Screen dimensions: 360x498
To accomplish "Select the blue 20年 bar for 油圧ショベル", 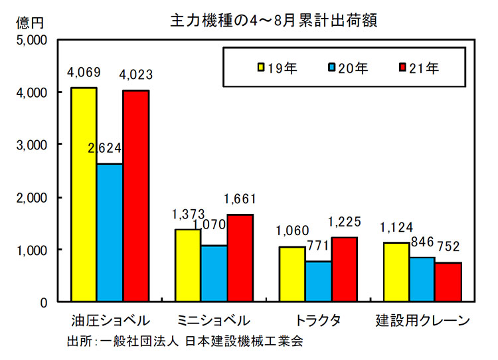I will pos(110,232).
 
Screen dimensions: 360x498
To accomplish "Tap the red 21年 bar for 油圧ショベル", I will pos(135,195).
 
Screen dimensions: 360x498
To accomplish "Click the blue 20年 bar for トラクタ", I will pos(318,281).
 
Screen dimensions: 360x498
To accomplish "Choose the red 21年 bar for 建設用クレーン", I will pos(449,282).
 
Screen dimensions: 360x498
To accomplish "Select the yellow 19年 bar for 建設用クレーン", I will pos(396,272).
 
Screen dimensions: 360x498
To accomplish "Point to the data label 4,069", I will pos(83,72).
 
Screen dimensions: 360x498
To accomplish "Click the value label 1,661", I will pos(240,199).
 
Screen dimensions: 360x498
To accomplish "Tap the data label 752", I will pos(448,247).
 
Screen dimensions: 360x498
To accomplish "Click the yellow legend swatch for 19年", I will pos(262,67).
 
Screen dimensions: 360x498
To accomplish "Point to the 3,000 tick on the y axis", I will pos(31,144).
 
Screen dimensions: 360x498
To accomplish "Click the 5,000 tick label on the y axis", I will pos(31,40).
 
